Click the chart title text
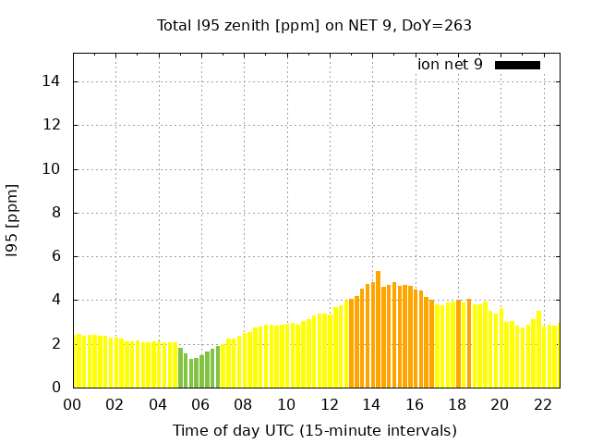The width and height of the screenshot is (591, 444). (314, 25)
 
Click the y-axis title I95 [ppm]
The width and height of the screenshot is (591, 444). (13, 219)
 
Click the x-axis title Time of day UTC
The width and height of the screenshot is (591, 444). (314, 430)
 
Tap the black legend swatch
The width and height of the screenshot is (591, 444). (517, 65)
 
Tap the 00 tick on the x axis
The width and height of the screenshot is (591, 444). (73, 404)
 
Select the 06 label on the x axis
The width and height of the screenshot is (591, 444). (201, 404)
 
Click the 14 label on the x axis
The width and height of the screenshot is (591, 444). (372, 404)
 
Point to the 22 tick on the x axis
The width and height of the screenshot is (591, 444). (543, 404)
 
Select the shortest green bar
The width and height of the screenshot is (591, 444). (191, 374)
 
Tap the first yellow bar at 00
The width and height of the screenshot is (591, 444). (78, 361)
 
